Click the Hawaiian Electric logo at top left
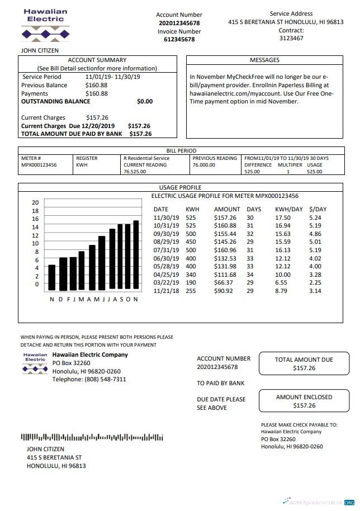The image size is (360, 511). tap(46, 25)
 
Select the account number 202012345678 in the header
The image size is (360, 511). tap(179, 23)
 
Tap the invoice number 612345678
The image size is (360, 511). tap(179, 40)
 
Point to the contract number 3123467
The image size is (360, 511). tap(291, 39)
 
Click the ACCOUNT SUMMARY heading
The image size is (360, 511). tap(97, 60)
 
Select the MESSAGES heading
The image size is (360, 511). tap(264, 60)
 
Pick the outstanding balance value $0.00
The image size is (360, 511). tap(144, 102)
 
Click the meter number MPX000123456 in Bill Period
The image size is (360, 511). tap(39, 165)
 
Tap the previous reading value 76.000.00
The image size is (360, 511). tap(204, 165)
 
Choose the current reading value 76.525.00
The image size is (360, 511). tap(135, 172)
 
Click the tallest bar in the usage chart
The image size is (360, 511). tap(136, 255)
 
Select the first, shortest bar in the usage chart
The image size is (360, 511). tap(52, 277)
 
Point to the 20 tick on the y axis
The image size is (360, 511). tap(35, 202)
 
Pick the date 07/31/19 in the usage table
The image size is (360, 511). tap(166, 250)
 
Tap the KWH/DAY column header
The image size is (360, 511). tap(289, 209)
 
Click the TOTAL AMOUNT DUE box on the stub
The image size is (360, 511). tap(304, 363)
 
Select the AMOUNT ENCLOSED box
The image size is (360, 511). tap(304, 401)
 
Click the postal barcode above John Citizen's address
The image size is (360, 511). tap(92, 437)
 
